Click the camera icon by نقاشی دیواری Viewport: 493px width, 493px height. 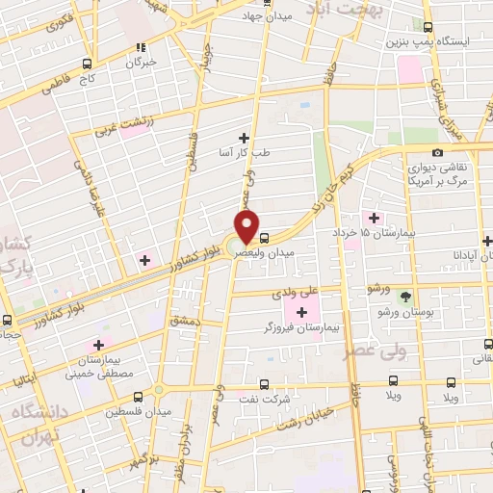click(x=437, y=152)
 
